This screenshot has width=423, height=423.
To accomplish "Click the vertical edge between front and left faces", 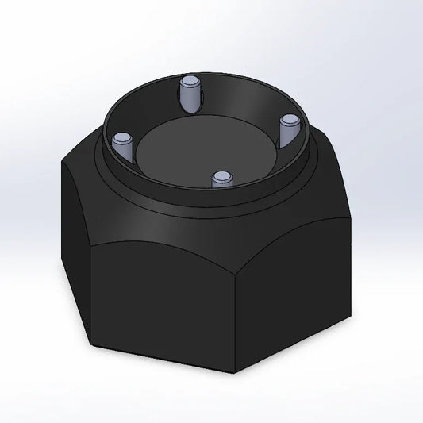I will pyautogui.click(x=94, y=294).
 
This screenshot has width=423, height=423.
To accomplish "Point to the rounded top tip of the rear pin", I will pyautogui.click(x=190, y=81).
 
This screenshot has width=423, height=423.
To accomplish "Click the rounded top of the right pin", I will pyautogui.click(x=289, y=120).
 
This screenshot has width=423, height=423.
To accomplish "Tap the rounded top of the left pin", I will pyautogui.click(x=121, y=138).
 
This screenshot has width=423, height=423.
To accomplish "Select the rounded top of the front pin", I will pyautogui.click(x=221, y=173).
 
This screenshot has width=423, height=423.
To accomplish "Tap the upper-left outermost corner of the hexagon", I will pyautogui.click(x=61, y=163).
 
